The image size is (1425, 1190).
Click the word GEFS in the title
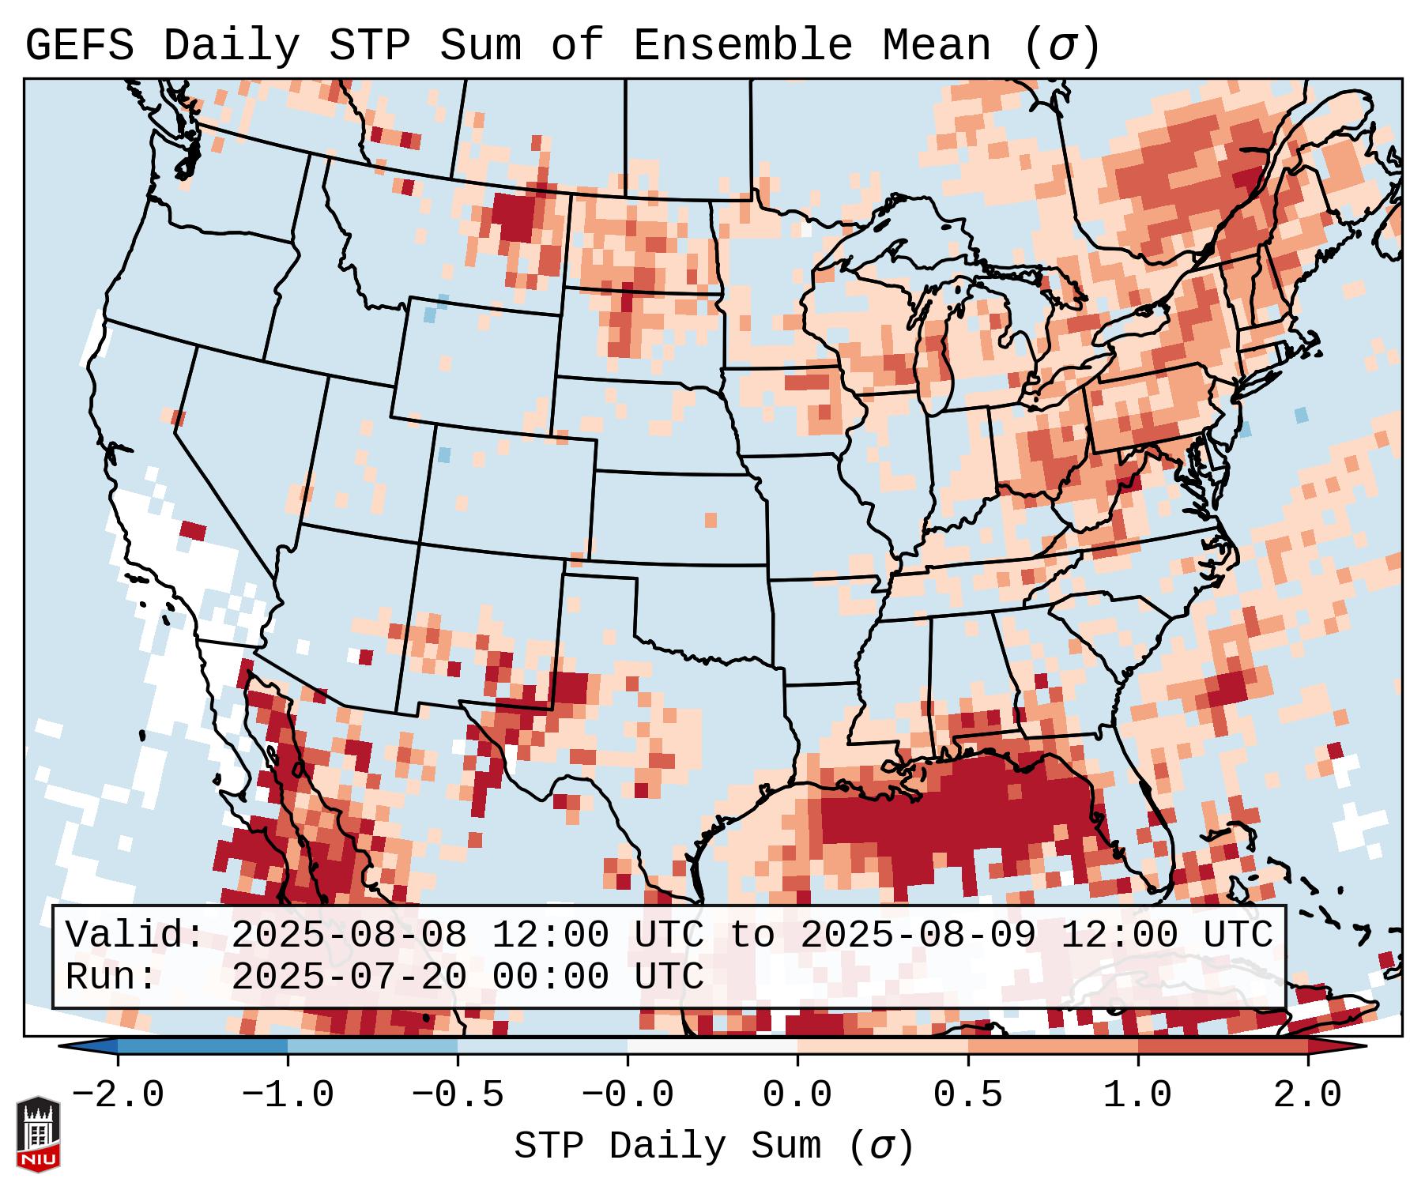79,46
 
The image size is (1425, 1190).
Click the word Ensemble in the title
742,46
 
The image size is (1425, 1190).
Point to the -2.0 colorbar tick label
118,1096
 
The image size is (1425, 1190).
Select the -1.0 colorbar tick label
288,1096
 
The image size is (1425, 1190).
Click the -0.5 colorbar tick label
458,1096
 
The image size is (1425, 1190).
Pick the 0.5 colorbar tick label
967,1096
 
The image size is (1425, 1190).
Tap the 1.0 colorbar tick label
1137,1096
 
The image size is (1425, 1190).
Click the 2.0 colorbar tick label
1307,1096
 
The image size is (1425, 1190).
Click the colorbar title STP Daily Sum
680,1147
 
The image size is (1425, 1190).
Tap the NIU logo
38,1133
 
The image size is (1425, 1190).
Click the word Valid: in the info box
135,935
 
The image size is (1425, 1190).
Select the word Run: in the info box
111,977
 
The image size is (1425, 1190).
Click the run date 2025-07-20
349,977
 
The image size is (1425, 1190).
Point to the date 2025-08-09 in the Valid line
918,935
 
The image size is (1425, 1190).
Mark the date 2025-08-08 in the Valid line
349,935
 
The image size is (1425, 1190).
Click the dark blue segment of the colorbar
202,1045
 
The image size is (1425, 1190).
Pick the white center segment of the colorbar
712,1045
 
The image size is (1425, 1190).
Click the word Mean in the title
937,46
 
